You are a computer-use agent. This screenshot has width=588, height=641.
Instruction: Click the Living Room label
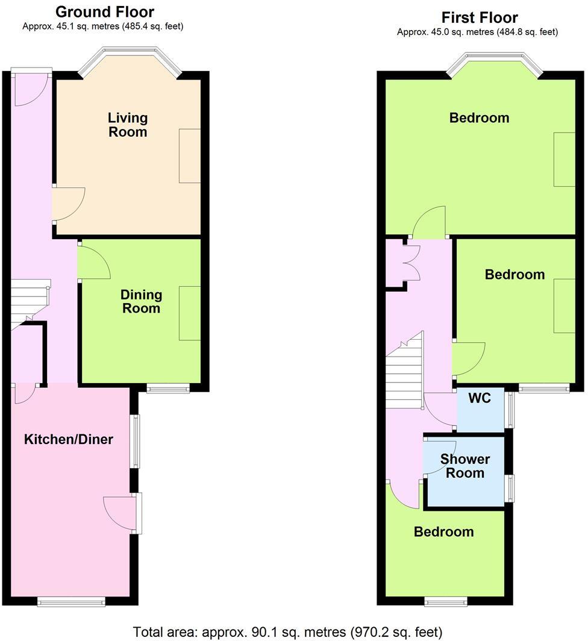pos(128,125)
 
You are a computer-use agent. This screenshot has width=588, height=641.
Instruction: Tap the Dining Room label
pos(141,301)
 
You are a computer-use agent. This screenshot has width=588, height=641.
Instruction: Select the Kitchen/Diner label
pos(69,439)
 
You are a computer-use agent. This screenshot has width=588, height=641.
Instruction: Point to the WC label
pos(480,398)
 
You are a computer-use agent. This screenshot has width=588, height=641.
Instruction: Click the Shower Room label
pos(465,466)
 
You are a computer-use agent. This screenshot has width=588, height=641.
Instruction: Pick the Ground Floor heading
pos(105,11)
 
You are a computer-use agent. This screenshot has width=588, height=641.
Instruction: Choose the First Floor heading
pos(480,17)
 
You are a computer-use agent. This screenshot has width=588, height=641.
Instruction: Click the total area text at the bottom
pos(287,632)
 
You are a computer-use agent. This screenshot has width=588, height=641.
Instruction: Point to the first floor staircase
pos(404,374)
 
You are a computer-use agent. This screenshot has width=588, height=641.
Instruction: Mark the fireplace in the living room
pos(190,155)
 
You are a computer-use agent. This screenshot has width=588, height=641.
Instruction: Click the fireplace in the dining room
pos(190,313)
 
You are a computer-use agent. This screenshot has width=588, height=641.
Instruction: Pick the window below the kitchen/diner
pos(71,601)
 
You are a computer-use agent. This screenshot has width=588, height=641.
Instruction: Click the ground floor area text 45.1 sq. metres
pos(103,27)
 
